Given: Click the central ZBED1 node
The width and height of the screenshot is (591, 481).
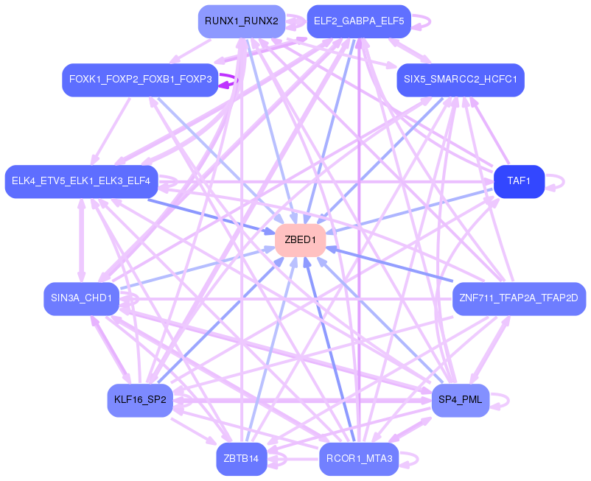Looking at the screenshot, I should coord(300,240).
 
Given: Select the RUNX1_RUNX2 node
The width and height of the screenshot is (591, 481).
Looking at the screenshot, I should coord(241,21).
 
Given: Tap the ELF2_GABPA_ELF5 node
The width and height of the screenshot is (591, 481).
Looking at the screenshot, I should coord(359,21).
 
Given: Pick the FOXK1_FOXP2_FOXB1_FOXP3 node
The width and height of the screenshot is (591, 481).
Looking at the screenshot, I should coord(140,79).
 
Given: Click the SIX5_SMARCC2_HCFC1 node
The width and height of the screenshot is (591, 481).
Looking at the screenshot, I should coord(460,79).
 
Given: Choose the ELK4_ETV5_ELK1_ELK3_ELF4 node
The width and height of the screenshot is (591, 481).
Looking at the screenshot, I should coord(81,181).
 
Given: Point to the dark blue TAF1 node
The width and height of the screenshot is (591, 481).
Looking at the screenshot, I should coord(519,181).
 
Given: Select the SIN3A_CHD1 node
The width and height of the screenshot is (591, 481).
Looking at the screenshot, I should coord(81,298).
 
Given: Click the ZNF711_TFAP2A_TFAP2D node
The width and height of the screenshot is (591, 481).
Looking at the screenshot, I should coord(519,298).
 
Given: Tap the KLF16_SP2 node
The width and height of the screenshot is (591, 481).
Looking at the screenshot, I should coord(139,401).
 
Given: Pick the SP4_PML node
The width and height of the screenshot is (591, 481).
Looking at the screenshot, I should coord(460,401).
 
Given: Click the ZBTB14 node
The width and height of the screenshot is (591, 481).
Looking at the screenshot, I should coord(241,459).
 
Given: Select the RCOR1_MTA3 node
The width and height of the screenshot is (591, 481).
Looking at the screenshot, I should coord(359,459).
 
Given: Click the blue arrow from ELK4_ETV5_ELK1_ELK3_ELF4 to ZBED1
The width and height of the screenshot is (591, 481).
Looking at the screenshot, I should coord(214,216).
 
